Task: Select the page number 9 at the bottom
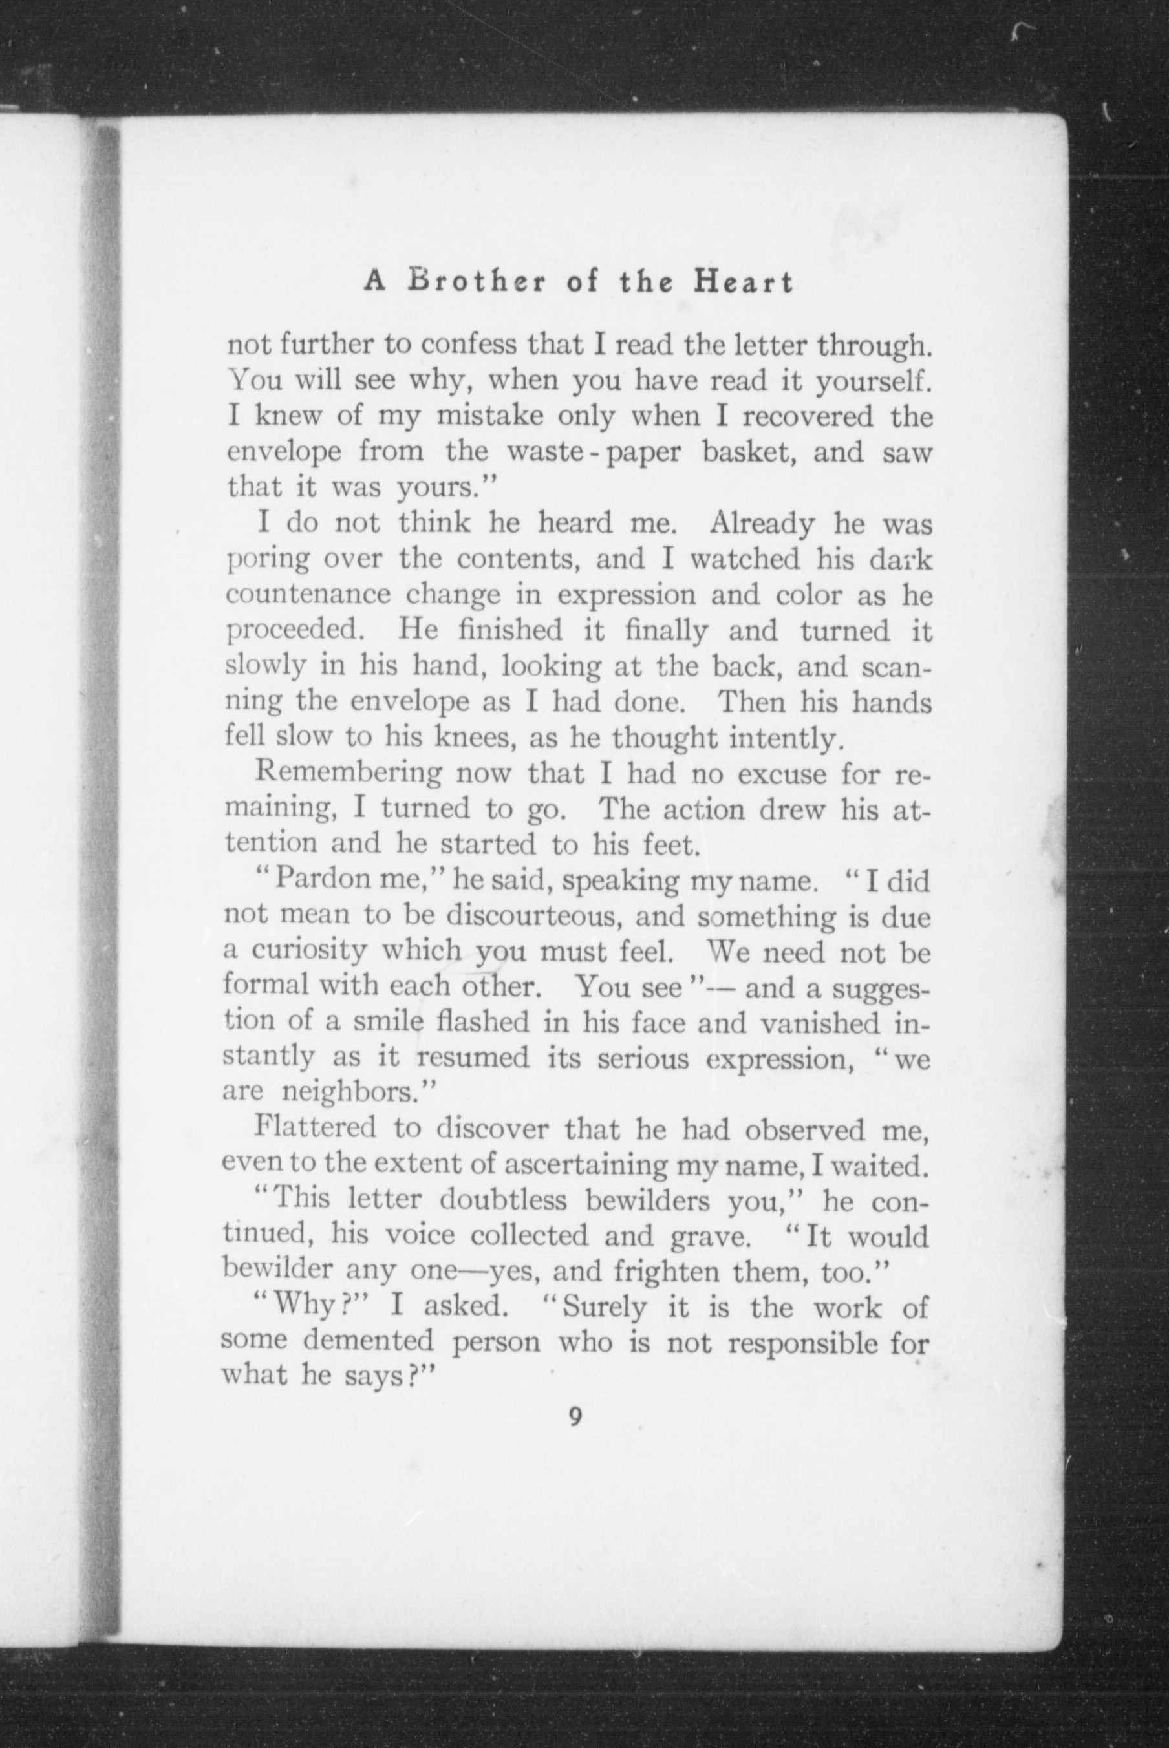click(x=575, y=1416)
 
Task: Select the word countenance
click(x=308, y=595)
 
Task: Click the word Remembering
click(x=348, y=774)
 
